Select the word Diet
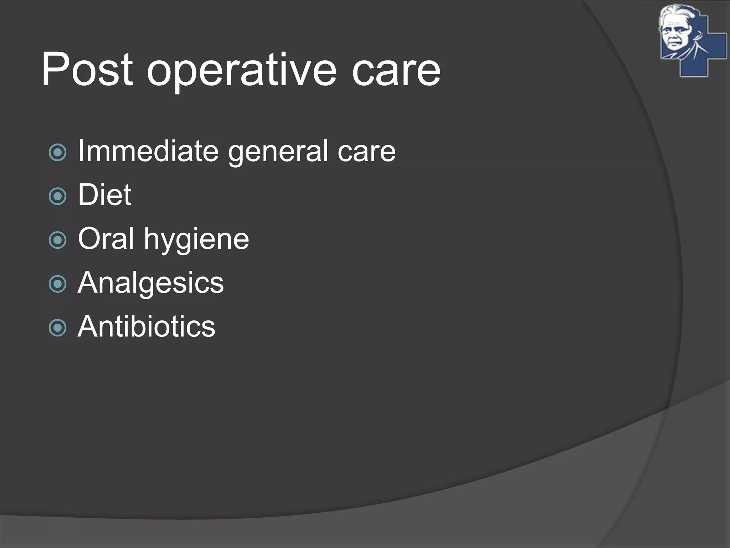(x=104, y=195)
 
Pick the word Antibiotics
(x=146, y=326)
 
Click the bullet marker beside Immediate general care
(x=58, y=153)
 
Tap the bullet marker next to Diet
(x=58, y=196)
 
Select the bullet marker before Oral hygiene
(x=58, y=240)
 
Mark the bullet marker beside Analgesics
(x=58, y=284)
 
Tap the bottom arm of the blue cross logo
(x=694, y=68)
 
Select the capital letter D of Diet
(x=87, y=195)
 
